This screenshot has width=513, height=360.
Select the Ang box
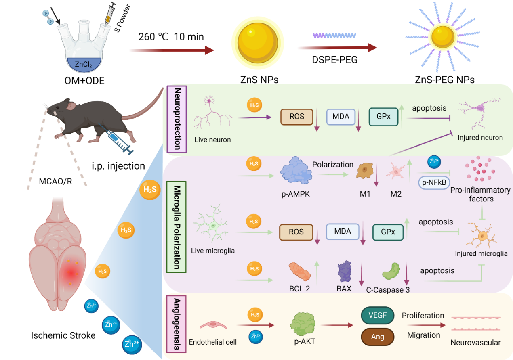[378, 336]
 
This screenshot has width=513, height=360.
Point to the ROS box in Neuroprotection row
[297, 117]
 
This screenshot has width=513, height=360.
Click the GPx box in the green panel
[384, 117]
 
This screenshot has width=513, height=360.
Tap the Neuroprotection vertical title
[177, 119]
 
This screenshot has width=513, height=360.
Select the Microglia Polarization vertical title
[176, 227]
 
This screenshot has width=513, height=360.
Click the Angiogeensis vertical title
[176, 324]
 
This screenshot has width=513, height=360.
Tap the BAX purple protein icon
[345, 271]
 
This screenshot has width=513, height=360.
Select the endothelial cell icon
[213, 325]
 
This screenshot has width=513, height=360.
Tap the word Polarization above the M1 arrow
[332, 165]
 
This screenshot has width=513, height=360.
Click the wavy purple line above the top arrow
[334, 35]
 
